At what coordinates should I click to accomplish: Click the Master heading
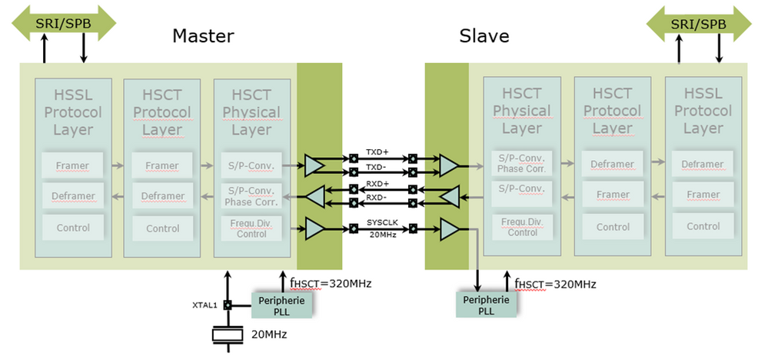pos(203,35)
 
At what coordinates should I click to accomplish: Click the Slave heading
pos(484,35)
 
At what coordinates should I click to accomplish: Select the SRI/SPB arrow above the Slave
pos(698,23)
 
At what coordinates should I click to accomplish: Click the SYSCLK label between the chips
pos(382,222)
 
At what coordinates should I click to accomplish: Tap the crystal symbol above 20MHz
pos(228,335)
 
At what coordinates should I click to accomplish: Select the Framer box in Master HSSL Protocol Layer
pos(72,165)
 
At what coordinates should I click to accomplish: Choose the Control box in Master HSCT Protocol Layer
pos(162,228)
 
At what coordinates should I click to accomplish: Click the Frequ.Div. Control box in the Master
pos(252,228)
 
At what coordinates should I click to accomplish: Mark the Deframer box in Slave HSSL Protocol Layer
pos(703,164)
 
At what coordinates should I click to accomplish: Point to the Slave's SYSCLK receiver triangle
pos(450,228)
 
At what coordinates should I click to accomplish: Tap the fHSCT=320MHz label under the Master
pos(324,283)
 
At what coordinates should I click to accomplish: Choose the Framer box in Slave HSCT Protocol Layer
pos(613,195)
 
